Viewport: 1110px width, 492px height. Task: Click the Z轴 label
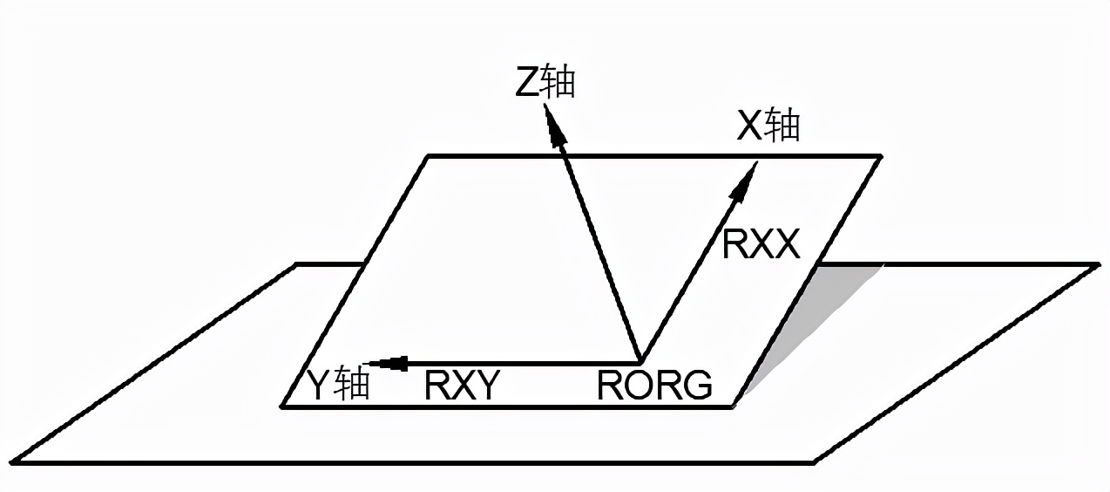tap(546, 82)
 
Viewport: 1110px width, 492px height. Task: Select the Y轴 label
tap(338, 384)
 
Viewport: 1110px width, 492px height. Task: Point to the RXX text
tap(761, 245)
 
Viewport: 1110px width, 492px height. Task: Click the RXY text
tap(462, 386)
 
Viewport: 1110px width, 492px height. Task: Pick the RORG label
tap(654, 386)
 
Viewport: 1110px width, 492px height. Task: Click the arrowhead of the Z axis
tap(553, 123)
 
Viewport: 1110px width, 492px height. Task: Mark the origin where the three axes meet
tap(639, 361)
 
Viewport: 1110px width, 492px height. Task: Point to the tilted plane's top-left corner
tap(428, 157)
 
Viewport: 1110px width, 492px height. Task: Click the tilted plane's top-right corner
tap(880, 157)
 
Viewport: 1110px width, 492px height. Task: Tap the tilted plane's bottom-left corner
tap(282, 406)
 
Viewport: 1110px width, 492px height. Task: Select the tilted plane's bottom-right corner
tap(736, 406)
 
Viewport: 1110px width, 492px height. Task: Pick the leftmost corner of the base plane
tap(12, 461)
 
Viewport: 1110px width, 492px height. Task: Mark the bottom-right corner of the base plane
tap(814, 461)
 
